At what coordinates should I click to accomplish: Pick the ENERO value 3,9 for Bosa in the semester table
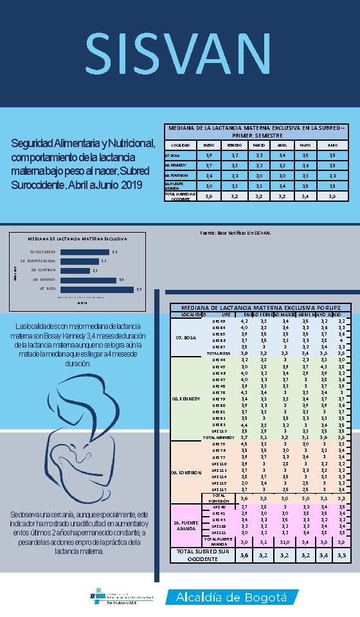(x=208, y=155)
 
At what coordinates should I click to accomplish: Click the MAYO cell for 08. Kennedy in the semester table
(x=305, y=165)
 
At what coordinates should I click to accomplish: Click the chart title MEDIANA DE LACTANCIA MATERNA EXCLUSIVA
(x=76, y=239)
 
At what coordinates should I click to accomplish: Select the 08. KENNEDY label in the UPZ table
(x=186, y=398)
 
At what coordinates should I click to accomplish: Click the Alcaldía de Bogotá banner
(x=232, y=597)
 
